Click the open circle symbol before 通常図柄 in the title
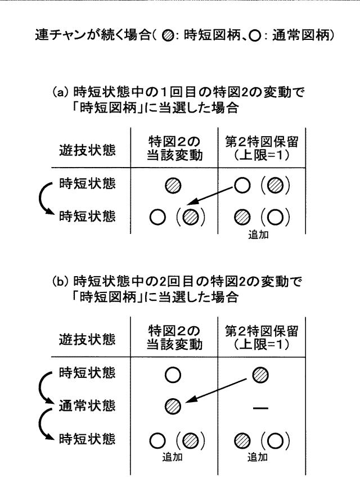pyautogui.click(x=255, y=35)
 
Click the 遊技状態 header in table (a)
pyautogui.click(x=87, y=150)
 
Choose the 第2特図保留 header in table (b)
pyautogui.click(x=262, y=331)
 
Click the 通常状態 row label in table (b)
pyautogui.click(x=87, y=406)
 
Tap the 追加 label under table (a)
pyautogui.click(x=259, y=234)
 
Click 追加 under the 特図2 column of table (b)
pyautogui.click(x=173, y=457)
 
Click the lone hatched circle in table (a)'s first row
pyautogui.click(x=173, y=186)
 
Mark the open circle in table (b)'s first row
pyautogui.click(x=173, y=375)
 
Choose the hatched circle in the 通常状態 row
pyautogui.click(x=173, y=407)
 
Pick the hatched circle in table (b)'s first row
pyautogui.click(x=260, y=375)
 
